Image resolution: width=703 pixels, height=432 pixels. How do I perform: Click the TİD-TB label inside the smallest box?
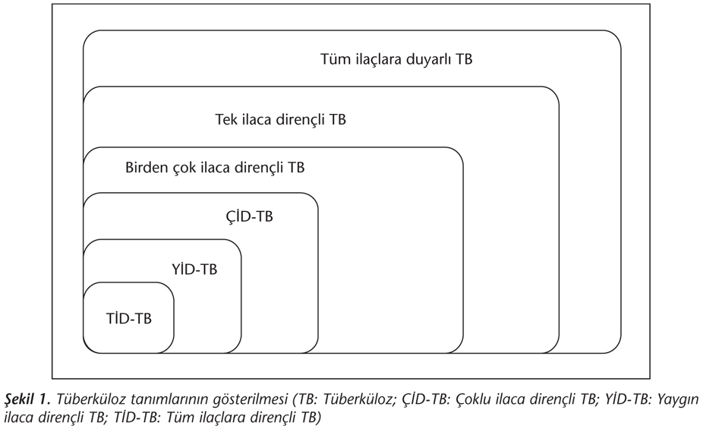click(128, 319)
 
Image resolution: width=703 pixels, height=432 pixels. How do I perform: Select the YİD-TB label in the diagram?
click(194, 270)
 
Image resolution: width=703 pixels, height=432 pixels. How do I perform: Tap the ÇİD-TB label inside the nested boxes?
click(249, 216)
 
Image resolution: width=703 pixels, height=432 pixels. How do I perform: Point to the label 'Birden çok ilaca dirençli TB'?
click(215, 168)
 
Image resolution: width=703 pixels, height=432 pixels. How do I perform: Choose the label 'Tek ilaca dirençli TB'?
click(280, 120)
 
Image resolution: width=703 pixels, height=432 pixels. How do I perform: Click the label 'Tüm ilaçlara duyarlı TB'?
click(396, 59)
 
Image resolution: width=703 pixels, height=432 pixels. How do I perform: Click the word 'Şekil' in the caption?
click(20, 399)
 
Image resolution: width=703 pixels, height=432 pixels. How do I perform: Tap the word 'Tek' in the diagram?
click(226, 120)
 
